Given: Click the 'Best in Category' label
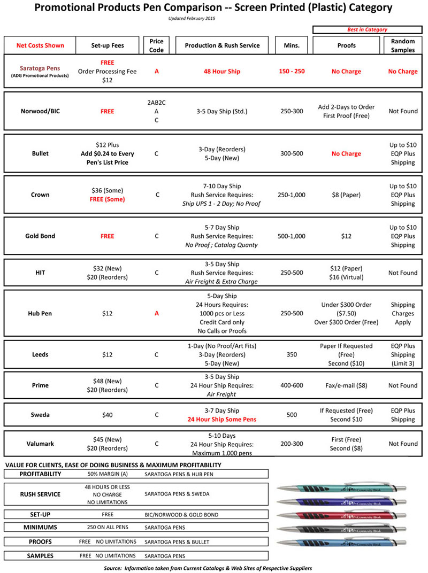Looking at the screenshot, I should point(367,29).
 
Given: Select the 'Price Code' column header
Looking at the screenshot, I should point(157,45).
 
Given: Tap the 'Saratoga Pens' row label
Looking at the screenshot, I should point(40,68).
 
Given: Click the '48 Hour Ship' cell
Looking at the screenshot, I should point(222,72).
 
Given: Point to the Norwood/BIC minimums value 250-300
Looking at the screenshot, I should point(292,111).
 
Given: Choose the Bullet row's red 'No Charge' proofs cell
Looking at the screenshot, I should point(346,153).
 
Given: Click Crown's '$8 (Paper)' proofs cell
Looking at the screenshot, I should point(346,195).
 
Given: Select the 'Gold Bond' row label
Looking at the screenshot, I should point(40,236).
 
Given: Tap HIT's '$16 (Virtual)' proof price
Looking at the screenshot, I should point(346,277).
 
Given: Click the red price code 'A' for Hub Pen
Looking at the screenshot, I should point(157,314).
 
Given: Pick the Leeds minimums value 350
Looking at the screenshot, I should point(292,355).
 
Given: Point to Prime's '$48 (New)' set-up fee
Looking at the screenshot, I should point(109,381).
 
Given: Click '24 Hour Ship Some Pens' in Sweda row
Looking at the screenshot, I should point(222,420).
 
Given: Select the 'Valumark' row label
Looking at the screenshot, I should point(40,444).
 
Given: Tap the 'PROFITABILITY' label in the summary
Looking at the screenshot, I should point(40,474).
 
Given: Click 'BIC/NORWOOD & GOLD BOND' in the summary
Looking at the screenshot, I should point(181,515).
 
